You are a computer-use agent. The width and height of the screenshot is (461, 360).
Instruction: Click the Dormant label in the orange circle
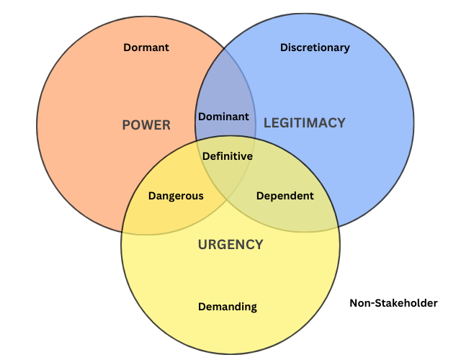point(146,48)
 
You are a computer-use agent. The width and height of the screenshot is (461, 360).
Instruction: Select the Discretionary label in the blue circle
point(315,48)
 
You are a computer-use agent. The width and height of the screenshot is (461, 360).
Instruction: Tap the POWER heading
point(146,125)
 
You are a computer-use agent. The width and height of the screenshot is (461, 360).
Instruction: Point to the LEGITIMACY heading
point(305,123)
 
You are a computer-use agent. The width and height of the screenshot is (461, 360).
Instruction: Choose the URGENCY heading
point(230,245)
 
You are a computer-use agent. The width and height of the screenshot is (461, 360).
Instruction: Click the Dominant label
point(223,117)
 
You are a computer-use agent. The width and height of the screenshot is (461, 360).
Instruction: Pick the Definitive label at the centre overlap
point(228,156)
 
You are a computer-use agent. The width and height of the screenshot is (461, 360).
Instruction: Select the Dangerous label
point(176,196)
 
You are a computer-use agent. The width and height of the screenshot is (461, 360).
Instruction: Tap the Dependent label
point(285,196)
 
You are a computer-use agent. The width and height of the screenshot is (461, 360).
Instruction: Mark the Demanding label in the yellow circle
point(228,307)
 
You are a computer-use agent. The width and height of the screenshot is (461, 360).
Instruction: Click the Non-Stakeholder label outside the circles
point(393,303)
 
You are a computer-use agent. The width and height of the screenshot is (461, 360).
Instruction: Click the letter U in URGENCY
point(203,245)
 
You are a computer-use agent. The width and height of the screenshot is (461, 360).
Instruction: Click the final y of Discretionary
point(346,49)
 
